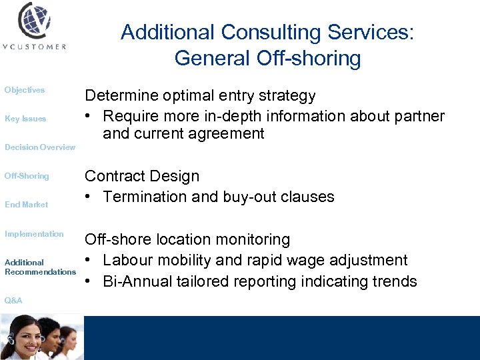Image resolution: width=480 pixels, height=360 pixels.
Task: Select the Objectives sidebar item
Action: [x=25, y=90]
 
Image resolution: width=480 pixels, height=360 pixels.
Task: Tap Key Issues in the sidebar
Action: [x=25, y=119]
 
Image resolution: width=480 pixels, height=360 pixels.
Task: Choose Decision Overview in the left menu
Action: [x=39, y=147]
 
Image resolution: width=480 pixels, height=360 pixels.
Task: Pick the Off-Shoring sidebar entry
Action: [x=27, y=176]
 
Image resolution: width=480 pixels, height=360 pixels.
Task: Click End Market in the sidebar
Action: [x=26, y=205]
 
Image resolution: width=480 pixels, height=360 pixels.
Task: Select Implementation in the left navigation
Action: [x=34, y=234]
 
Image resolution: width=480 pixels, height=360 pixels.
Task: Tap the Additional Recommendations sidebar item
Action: [x=40, y=267]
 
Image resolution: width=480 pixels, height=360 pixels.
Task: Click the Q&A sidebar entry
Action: [x=13, y=301]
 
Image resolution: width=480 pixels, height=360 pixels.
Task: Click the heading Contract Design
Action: [x=141, y=176]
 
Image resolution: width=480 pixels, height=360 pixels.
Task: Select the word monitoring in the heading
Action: [x=251, y=239]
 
